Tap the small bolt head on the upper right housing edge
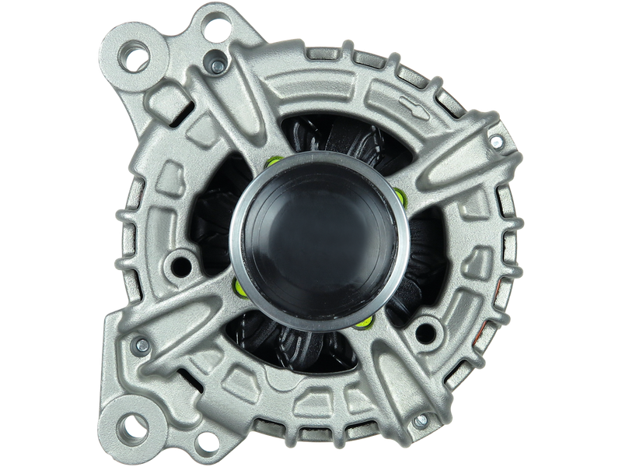tap(494, 140)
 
